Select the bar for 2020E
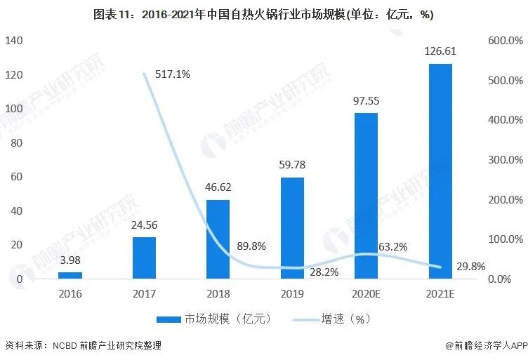pyautogui.click(x=366, y=196)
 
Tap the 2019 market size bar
pyautogui.click(x=291, y=228)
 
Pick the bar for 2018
pyautogui.click(x=218, y=239)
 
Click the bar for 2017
pyautogui.click(x=144, y=258)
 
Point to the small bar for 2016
pyautogui.click(x=70, y=275)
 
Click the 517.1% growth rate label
pyautogui.click(x=172, y=74)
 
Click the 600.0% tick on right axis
pyautogui.click(x=504, y=41)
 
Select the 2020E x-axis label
pyautogui.click(x=366, y=293)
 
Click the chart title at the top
pyautogui.click(x=263, y=15)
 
